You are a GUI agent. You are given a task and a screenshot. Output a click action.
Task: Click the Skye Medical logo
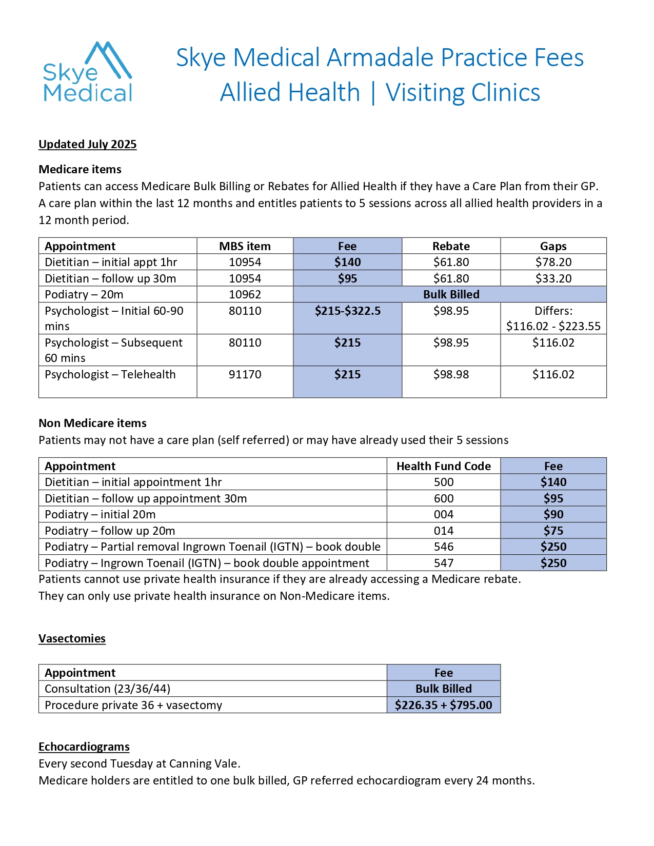point(87,72)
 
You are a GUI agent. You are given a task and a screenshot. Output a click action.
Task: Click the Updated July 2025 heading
point(88,144)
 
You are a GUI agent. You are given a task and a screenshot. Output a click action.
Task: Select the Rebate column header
point(451,246)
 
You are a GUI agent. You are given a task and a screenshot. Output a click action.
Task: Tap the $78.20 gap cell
point(553,262)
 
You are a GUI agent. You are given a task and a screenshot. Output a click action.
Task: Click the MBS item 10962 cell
point(245,294)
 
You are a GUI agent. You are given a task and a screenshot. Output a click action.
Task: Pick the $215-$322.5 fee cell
point(347,311)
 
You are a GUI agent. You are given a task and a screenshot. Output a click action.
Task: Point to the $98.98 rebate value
point(451,374)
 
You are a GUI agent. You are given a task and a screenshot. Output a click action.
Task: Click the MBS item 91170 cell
point(245,374)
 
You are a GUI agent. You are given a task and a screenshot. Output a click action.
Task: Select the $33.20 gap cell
point(553,278)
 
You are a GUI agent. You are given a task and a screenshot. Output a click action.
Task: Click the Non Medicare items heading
point(93,423)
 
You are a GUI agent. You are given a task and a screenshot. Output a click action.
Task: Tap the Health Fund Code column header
point(443,466)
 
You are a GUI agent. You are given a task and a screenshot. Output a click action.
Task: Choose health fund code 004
point(443,514)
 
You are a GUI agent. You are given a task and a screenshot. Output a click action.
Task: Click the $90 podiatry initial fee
point(553,514)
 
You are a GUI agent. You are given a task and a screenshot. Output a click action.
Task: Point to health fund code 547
point(443,563)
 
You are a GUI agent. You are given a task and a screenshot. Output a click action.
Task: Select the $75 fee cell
point(553,531)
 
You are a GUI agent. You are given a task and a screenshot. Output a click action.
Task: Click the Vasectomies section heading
point(72,638)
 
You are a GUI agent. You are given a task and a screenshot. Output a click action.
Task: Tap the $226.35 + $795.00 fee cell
point(443,705)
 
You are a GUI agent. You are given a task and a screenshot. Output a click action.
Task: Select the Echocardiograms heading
point(84,747)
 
